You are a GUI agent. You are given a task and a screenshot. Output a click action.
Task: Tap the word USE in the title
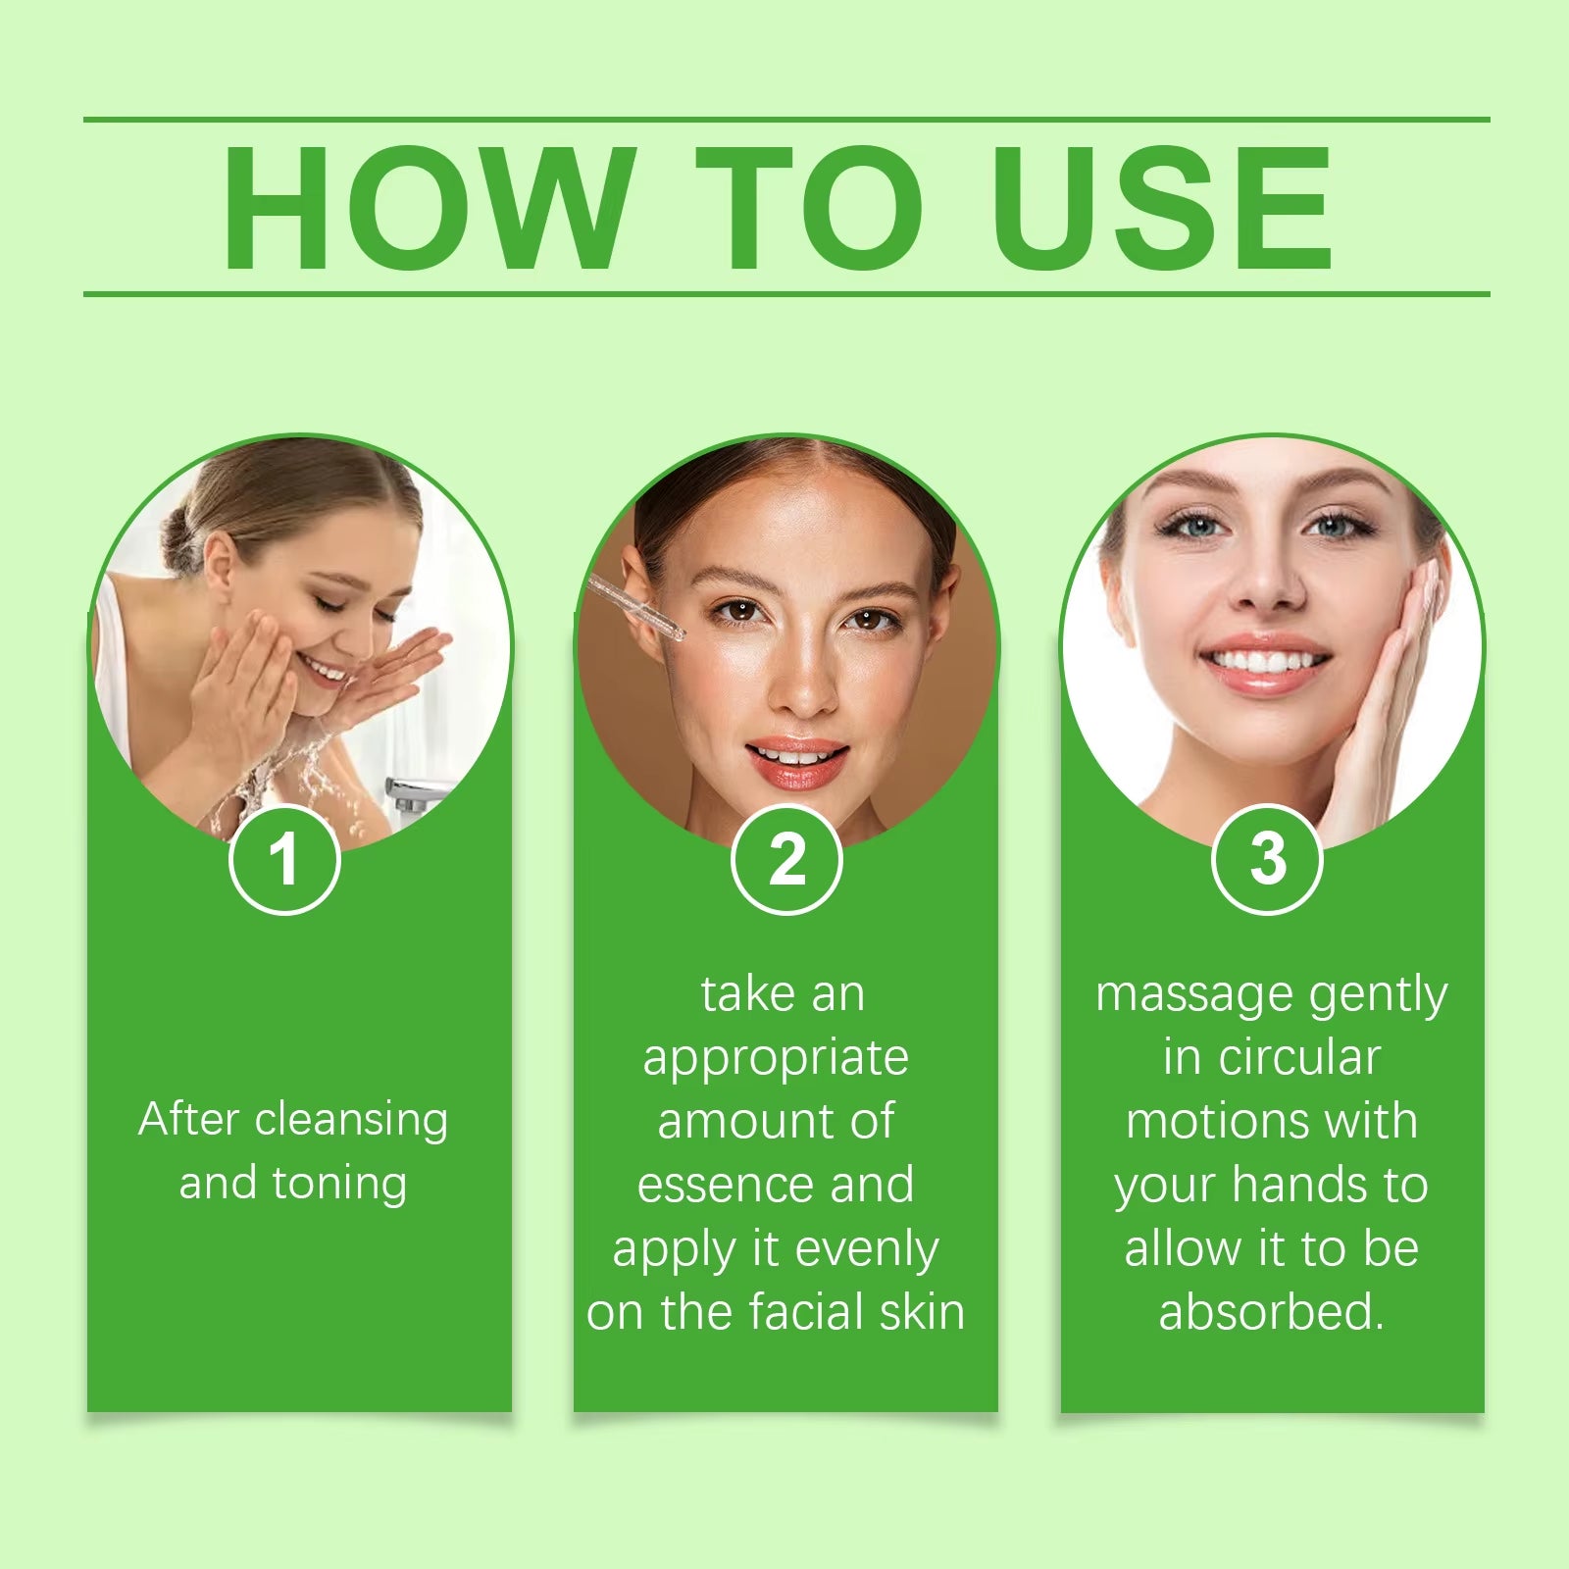(x=1162, y=207)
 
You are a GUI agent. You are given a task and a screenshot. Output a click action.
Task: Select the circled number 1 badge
(x=284, y=860)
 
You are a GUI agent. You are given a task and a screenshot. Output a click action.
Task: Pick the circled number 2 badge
(x=786, y=860)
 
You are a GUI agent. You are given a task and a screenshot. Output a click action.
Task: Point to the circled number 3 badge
(x=1267, y=860)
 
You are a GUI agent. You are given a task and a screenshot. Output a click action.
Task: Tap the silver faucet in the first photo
(x=417, y=792)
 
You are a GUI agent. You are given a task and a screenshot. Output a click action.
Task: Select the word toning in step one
(x=339, y=1184)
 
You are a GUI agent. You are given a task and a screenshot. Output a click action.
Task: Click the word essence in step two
(x=726, y=1185)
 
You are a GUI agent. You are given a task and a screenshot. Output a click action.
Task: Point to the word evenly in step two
(x=866, y=1249)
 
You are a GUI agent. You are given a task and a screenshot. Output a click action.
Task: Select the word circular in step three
(x=1299, y=1058)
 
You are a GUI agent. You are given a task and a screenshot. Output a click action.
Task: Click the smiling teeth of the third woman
(x=1265, y=663)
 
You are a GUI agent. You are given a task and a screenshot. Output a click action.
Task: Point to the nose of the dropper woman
(x=802, y=686)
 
